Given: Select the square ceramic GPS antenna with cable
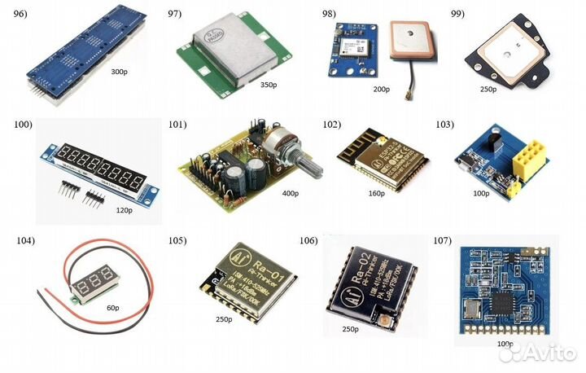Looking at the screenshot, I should pos(411,41).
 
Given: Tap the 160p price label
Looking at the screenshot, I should pos(376,195).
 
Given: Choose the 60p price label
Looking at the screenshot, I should pos(112,309).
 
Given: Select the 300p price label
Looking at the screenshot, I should pos(119,72).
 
